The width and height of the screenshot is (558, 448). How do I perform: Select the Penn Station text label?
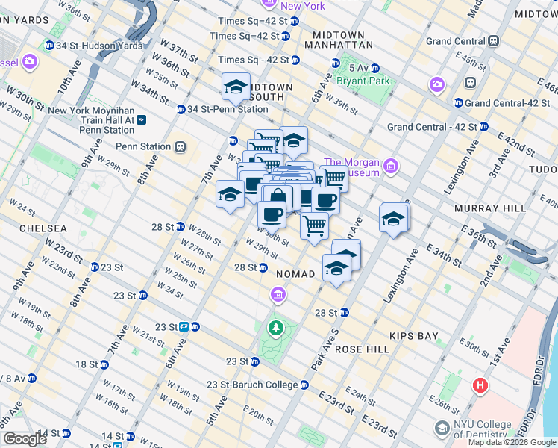(x=142, y=147)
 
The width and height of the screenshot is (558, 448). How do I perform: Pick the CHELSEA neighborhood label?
(x=43, y=228)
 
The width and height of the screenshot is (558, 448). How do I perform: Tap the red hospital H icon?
(x=480, y=386)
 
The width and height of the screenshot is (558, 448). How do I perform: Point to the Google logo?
(x=25, y=439)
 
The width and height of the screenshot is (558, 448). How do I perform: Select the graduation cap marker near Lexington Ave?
(x=393, y=219)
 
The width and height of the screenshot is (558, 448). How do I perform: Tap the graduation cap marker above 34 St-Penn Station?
(x=236, y=87)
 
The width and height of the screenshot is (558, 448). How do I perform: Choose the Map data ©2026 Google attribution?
(x=512, y=442)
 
